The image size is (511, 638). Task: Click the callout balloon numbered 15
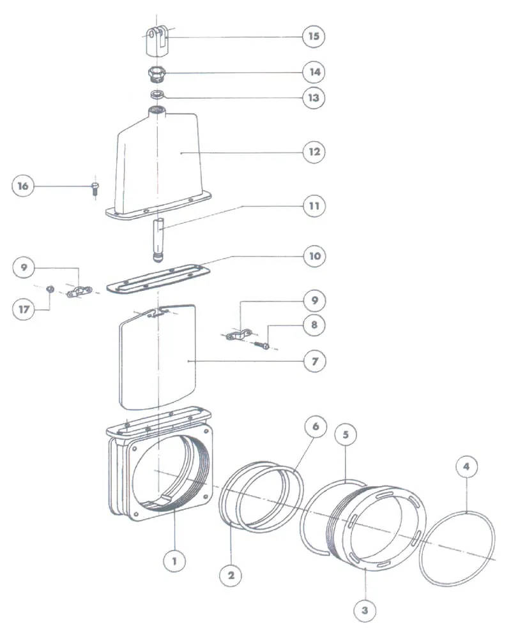(x=313, y=36)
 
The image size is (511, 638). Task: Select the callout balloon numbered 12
(x=313, y=152)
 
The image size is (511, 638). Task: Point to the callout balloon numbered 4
(x=467, y=466)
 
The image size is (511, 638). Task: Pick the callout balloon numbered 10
(x=313, y=256)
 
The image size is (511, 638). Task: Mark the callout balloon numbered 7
(x=313, y=361)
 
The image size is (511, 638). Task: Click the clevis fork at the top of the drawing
(x=156, y=40)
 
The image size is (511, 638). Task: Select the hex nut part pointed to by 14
(x=156, y=75)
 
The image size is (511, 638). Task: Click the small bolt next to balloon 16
(x=95, y=187)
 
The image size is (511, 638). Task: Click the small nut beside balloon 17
(x=49, y=289)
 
